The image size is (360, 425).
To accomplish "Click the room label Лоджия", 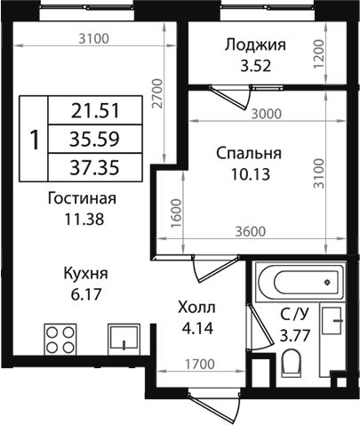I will point(255,45).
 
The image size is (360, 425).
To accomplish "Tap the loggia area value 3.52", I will point(256,65).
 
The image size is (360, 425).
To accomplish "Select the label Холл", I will point(197,308).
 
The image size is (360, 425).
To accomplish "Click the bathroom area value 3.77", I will point(294,335).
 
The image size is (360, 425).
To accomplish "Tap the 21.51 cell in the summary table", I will point(94,110).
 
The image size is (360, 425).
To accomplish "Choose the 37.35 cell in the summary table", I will point(94,166).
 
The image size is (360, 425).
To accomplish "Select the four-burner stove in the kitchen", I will point(60,341).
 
